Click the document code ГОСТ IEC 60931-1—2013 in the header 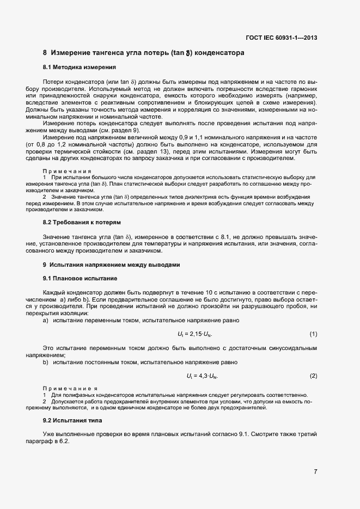tap(281, 38)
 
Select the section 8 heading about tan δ tap(144, 53)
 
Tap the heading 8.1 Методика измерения tap(79, 68)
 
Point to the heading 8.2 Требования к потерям tap(82, 223)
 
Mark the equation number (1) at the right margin tap(313, 334)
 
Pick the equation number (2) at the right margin tap(313, 376)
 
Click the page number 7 tap(315, 471)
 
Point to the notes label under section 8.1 tap(66, 171)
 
